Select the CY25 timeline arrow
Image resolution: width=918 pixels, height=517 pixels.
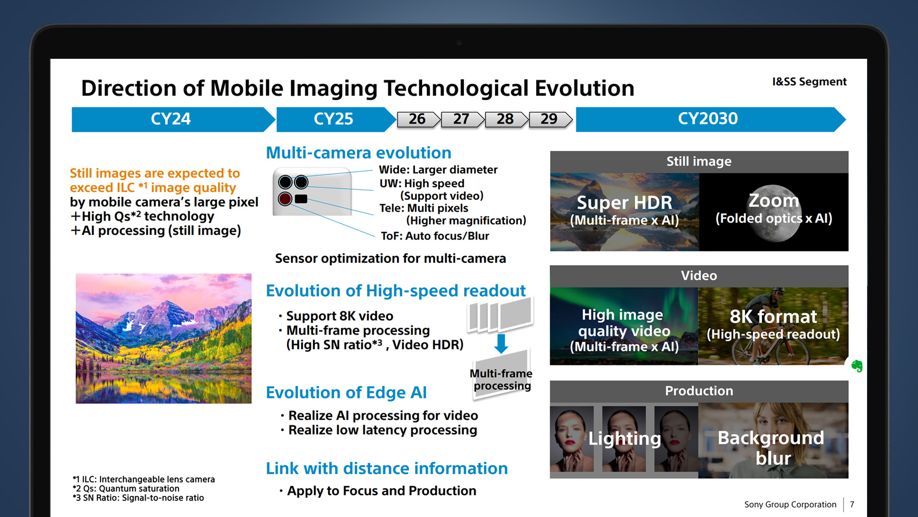[336, 119]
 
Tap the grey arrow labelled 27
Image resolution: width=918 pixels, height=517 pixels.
[462, 119]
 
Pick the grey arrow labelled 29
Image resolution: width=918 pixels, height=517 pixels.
[550, 119]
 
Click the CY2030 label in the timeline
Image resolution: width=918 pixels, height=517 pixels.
[708, 119]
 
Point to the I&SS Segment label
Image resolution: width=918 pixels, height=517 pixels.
[809, 82]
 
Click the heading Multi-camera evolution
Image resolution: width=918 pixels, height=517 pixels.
[358, 153]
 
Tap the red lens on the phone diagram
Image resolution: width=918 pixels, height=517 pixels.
[285, 199]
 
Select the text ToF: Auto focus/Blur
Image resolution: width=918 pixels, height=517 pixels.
[435, 236]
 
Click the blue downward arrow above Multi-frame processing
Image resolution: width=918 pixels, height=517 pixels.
[501, 343]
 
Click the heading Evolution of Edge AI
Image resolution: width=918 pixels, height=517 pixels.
[347, 392]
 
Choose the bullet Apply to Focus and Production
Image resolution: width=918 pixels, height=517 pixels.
[381, 491]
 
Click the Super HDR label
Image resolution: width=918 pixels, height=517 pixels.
[624, 202]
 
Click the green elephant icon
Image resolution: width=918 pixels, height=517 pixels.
[856, 366]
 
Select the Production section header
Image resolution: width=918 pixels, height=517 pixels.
[699, 391]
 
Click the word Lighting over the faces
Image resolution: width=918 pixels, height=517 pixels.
[625, 438]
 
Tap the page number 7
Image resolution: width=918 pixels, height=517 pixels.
[852, 505]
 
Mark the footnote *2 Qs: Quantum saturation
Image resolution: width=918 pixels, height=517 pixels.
[126, 489]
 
